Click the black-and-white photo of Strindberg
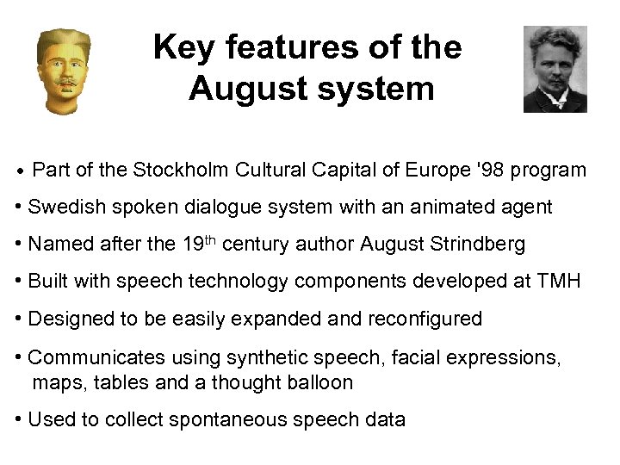555,69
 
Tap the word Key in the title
182,47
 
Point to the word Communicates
95,356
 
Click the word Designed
69,319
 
